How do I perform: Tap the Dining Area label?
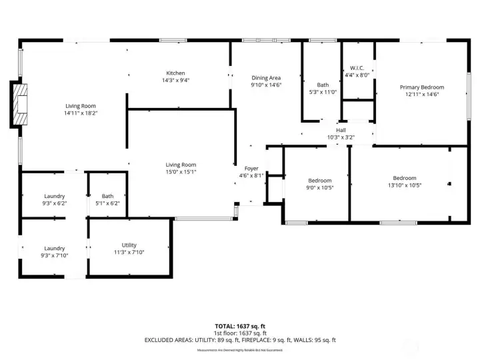(265, 78)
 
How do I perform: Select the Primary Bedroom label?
(421, 87)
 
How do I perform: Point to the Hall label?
(341, 130)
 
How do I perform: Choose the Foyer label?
(251, 169)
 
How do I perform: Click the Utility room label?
(129, 245)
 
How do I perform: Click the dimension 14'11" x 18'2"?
(81, 113)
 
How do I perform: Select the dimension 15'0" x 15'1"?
(181, 172)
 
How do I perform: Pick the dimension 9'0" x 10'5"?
(319, 187)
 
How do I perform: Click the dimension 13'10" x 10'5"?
(404, 185)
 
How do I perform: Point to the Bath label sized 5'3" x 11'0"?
(323, 85)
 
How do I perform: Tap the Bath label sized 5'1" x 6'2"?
(107, 196)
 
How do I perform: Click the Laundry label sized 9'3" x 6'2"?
(54, 196)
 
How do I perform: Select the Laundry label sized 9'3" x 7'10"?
(54, 248)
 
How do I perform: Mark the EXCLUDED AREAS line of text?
(240, 340)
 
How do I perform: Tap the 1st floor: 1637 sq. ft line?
(240, 333)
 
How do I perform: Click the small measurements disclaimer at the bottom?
(240, 349)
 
